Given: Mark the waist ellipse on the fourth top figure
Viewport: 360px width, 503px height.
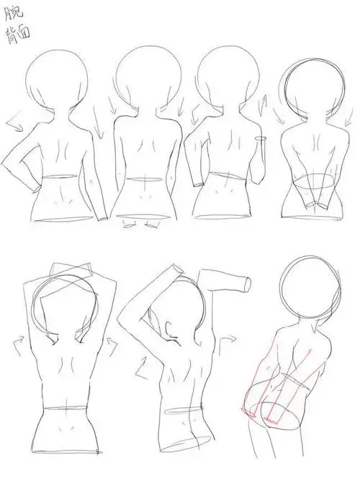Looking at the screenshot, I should click(308, 183).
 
